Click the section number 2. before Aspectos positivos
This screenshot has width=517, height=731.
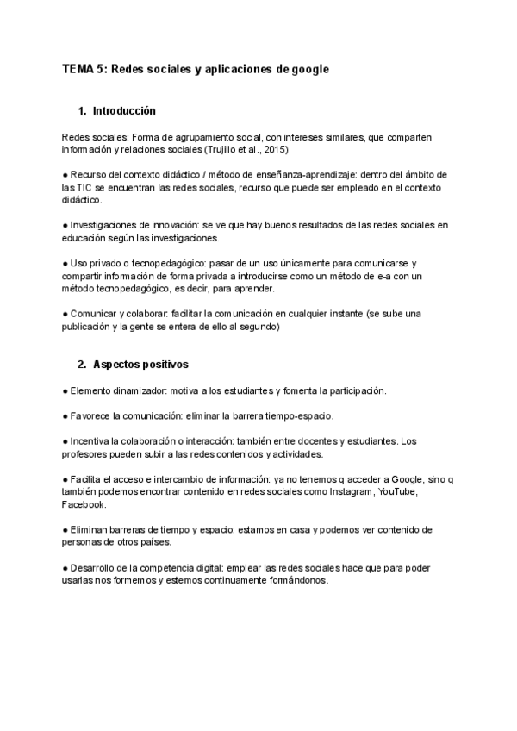[x=82, y=365]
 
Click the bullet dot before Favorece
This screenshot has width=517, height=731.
[x=65, y=415]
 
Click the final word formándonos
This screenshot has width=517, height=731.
[x=288, y=580]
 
